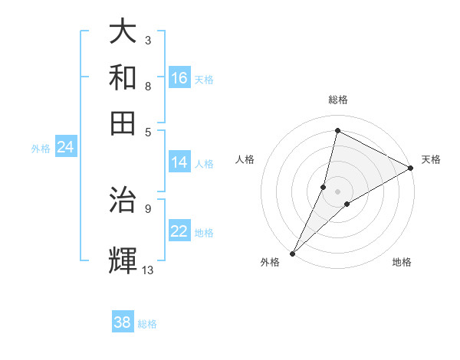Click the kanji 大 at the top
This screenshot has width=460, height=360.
coord(123,32)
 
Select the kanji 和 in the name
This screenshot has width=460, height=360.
coord(123,77)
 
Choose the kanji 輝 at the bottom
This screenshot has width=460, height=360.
coord(123,260)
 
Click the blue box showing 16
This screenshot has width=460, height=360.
coord(179,78)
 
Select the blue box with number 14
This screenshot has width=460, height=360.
coord(179,162)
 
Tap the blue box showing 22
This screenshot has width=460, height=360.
coord(179,232)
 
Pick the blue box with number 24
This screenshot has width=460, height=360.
coord(65,147)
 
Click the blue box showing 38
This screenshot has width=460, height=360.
coord(123,322)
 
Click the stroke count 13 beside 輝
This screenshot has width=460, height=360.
coord(147,270)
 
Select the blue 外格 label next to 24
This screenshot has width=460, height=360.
coord(41,149)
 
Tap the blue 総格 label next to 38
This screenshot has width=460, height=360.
coord(147,324)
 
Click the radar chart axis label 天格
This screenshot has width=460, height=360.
coord(431,159)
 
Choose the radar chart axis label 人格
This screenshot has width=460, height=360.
coord(245,159)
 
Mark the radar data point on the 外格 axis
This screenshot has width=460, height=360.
coord(292,253)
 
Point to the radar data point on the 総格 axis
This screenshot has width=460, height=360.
coord(337,130)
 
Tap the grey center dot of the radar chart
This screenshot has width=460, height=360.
coord(337,191)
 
